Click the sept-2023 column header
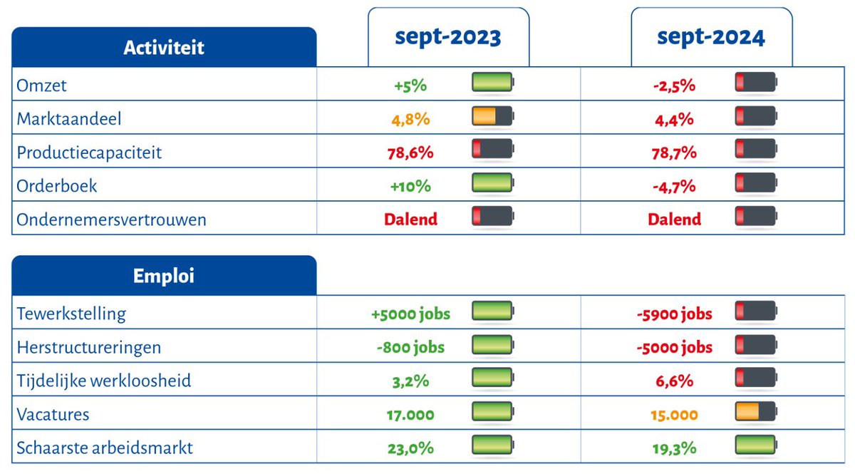pyautogui.click(x=448, y=38)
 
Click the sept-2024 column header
pyautogui.click(x=711, y=38)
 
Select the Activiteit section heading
pyautogui.click(x=164, y=48)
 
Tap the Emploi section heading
pyautogui.click(x=164, y=276)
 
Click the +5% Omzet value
pyautogui.click(x=410, y=86)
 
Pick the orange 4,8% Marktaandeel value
pyautogui.click(x=410, y=119)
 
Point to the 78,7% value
pyautogui.click(x=674, y=153)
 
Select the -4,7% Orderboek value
pyautogui.click(x=674, y=186)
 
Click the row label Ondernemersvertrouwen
pyautogui.click(x=111, y=220)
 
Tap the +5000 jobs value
pyautogui.click(x=410, y=314)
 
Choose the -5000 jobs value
pyautogui.click(x=674, y=347)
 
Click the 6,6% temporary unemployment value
pyautogui.click(x=674, y=381)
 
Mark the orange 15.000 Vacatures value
pyautogui.click(x=674, y=414)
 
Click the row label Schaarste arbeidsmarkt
pyautogui.click(x=105, y=448)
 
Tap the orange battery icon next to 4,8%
pyautogui.click(x=492, y=116)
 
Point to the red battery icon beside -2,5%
pyautogui.click(x=755, y=83)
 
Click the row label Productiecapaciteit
pyautogui.click(x=89, y=153)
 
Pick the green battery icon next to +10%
pyautogui.click(x=492, y=183)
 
